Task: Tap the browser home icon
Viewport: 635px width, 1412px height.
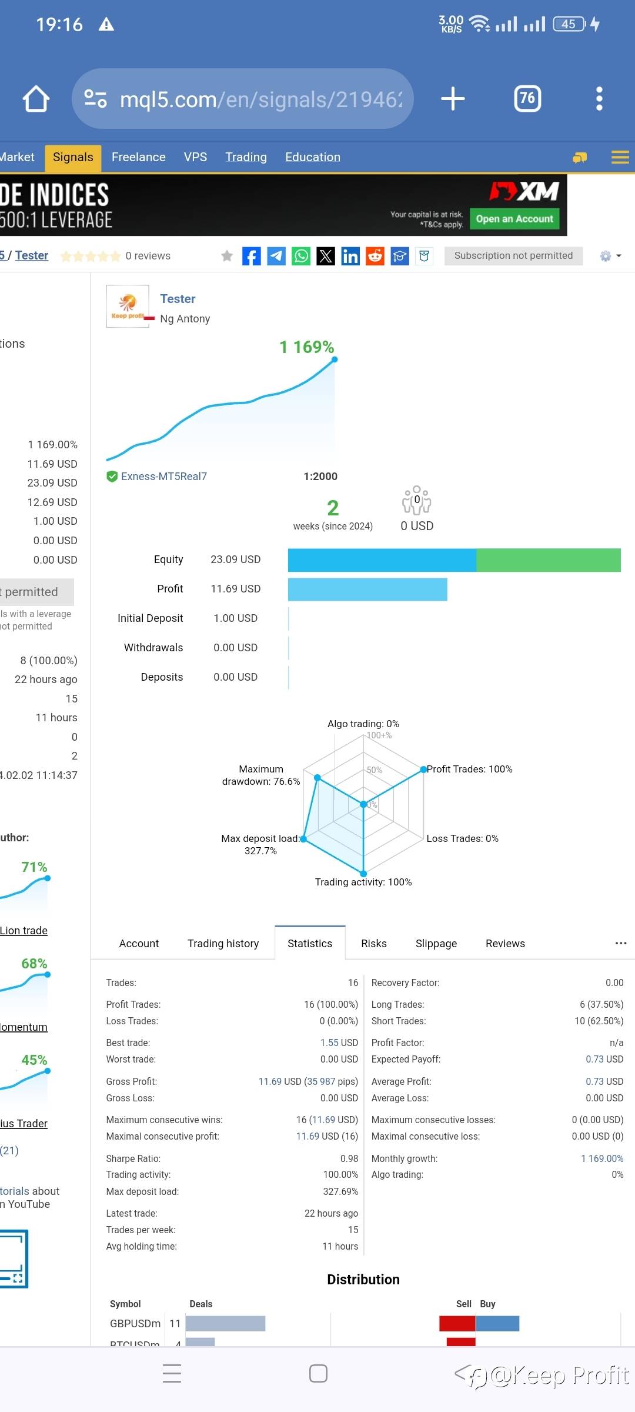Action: (x=36, y=99)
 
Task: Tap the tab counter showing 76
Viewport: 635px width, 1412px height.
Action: (x=527, y=98)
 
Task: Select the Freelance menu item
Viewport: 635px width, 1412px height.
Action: (x=138, y=157)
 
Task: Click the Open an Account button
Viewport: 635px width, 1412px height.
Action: (x=514, y=219)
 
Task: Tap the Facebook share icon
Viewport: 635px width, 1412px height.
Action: (x=251, y=256)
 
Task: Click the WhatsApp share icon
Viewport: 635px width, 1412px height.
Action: (x=301, y=256)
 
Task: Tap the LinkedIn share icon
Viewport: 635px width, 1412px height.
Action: (x=350, y=256)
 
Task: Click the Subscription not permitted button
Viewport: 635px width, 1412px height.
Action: (x=513, y=255)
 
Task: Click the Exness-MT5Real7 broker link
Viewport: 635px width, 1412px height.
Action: (x=163, y=477)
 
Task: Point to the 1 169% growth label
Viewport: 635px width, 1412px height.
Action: (x=306, y=347)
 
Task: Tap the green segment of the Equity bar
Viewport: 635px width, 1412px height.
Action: (x=548, y=560)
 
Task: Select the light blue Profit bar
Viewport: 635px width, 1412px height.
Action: (x=367, y=590)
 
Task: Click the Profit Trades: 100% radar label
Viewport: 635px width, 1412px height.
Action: (x=469, y=769)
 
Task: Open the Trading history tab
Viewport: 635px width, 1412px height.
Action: (x=223, y=943)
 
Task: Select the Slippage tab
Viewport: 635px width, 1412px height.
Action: (x=436, y=943)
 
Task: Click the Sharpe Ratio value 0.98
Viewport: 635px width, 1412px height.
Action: (x=349, y=1158)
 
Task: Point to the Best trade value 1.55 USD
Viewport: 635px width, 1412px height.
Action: (x=339, y=1043)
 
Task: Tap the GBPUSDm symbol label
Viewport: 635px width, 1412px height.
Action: (x=135, y=1323)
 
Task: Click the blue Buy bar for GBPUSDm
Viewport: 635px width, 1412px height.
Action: (x=497, y=1323)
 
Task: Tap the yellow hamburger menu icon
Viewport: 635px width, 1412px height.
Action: (x=620, y=157)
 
